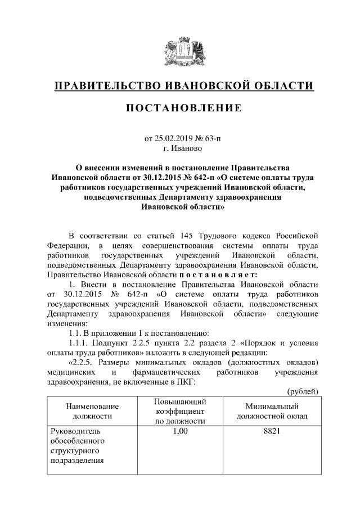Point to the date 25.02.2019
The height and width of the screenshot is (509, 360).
pyautogui.click(x=173, y=138)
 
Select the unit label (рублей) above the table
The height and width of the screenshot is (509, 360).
pyautogui.click(x=303, y=391)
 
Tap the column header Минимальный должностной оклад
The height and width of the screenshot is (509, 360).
pyautogui.click(x=272, y=411)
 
